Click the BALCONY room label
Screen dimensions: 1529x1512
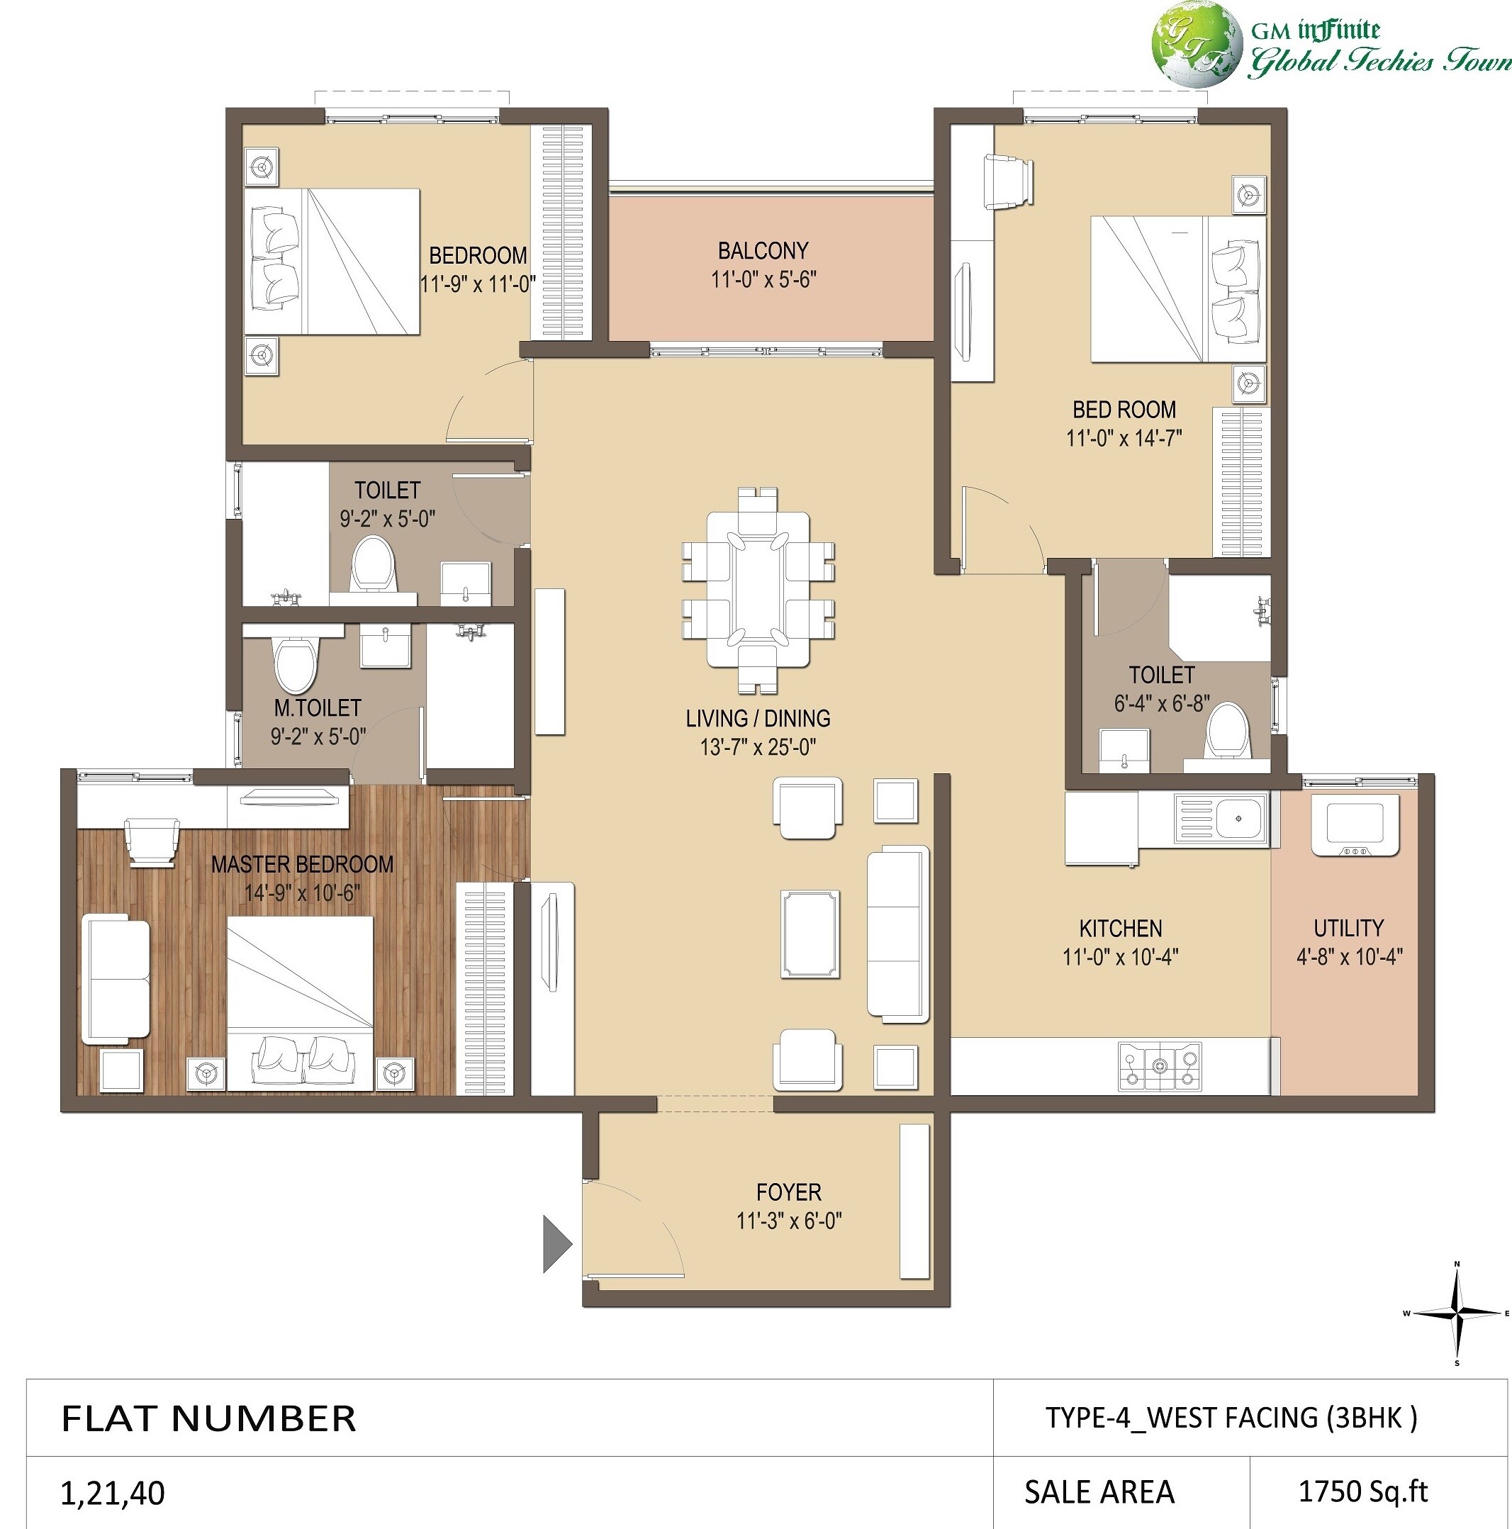pos(763,251)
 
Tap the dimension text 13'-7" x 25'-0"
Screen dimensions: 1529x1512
pos(758,747)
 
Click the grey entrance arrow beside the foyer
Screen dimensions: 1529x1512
pos(556,1244)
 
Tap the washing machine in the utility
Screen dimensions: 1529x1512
pos(1355,825)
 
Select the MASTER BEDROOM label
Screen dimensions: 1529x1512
pos(302,864)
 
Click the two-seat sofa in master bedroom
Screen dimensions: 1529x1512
pos(116,978)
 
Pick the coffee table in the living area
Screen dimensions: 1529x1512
pos(810,933)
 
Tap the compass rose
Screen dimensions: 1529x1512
pos(1457,1314)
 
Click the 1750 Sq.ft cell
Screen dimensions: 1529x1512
pos(1362,1492)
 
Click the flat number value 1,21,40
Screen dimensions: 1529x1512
pos(112,1493)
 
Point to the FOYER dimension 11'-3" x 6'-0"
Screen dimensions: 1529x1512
pos(788,1221)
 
